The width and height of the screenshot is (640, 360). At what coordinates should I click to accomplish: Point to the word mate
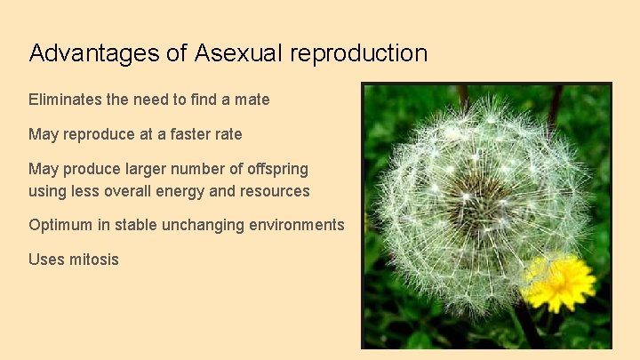pos(252,100)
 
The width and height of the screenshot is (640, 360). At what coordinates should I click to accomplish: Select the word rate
pos(227,134)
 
